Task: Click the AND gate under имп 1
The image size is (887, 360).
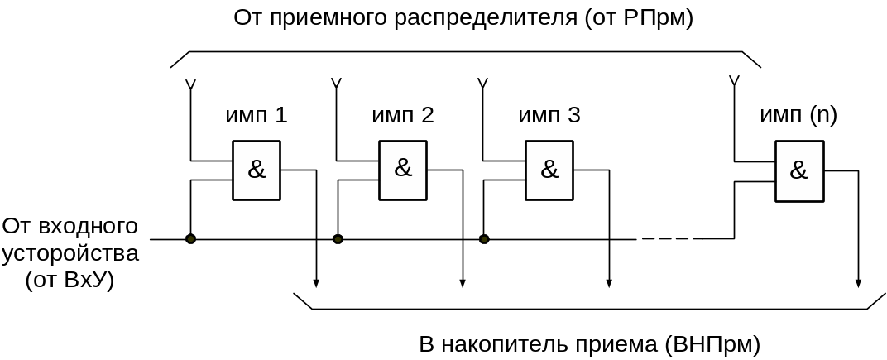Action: click(257, 170)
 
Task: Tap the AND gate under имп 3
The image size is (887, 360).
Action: click(549, 170)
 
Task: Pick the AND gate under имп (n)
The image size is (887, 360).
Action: click(798, 170)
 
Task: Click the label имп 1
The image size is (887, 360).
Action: click(257, 115)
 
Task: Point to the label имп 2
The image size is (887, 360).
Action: click(403, 115)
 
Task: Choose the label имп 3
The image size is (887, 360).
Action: click(549, 115)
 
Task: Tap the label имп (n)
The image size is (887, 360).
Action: click(798, 115)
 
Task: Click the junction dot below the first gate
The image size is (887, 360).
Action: click(190, 239)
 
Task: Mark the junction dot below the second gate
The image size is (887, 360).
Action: click(338, 239)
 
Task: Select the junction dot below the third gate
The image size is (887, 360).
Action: click(485, 239)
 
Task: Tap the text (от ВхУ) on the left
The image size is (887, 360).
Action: click(70, 280)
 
